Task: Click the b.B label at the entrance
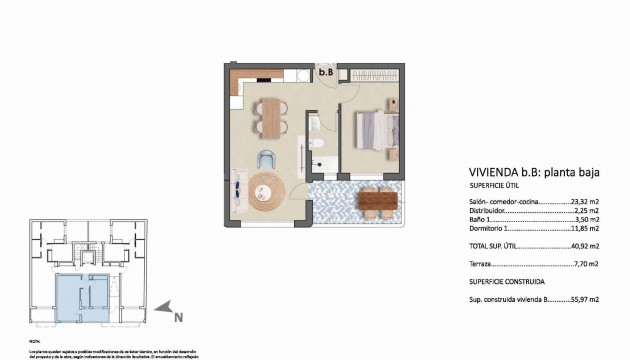(326, 72)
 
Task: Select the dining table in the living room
(270, 116)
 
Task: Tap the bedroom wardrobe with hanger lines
(375, 74)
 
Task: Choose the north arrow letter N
(178, 319)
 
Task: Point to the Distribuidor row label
(490, 211)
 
